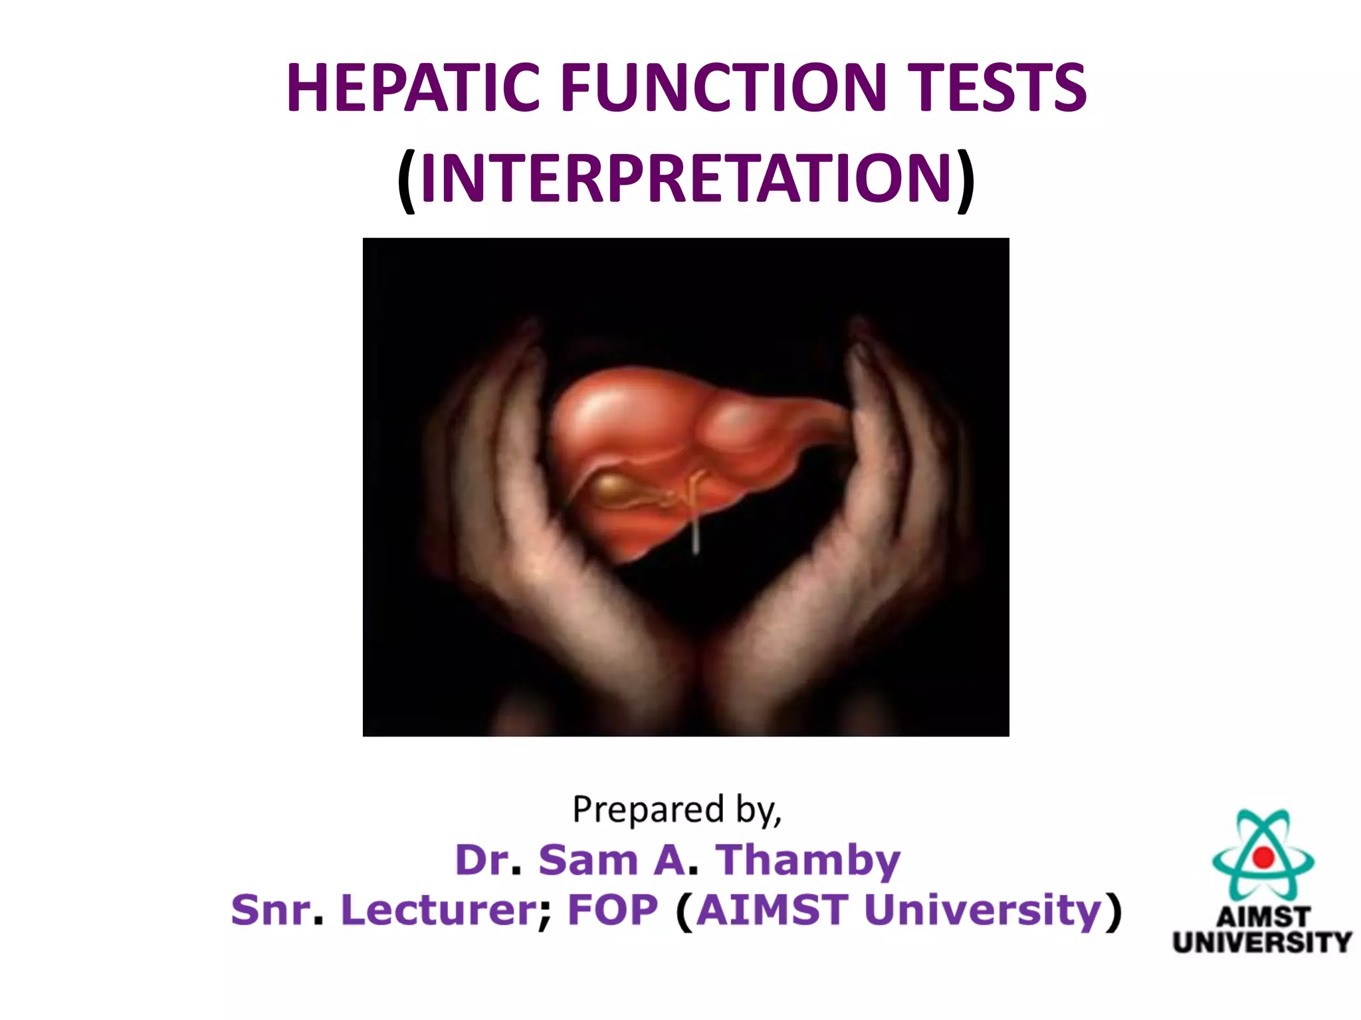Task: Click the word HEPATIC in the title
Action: coord(412,88)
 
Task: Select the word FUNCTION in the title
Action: coord(724,88)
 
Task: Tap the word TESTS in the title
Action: coord(996,88)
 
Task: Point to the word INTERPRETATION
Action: coord(686,178)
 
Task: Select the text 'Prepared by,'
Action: coord(677,810)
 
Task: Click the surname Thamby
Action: coord(807,861)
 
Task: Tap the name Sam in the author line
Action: coord(588,861)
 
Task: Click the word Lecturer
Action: coord(439,910)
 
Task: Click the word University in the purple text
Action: coord(982,910)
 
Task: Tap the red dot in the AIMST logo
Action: coord(1263,857)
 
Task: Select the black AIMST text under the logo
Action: coord(1263,918)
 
